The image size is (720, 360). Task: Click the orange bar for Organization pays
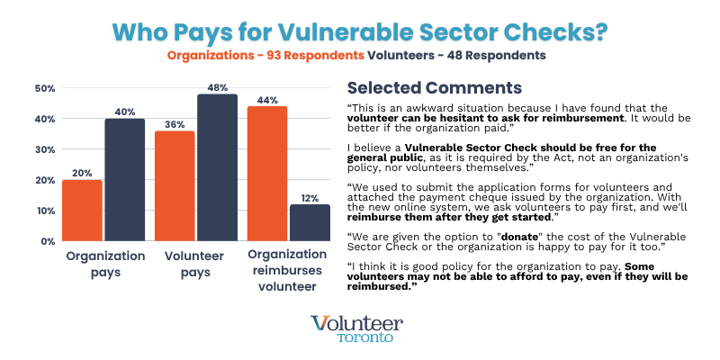82,211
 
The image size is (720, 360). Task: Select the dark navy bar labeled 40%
124,180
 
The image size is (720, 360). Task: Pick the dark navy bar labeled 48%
217,167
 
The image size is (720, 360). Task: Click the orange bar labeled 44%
267,174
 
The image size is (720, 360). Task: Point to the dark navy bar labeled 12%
310,222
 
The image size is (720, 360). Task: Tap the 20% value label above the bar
82,172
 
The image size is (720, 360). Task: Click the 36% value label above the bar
175,123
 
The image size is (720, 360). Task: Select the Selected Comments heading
434,88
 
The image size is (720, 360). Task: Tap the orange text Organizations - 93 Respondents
265,56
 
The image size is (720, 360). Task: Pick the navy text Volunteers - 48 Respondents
456,56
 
